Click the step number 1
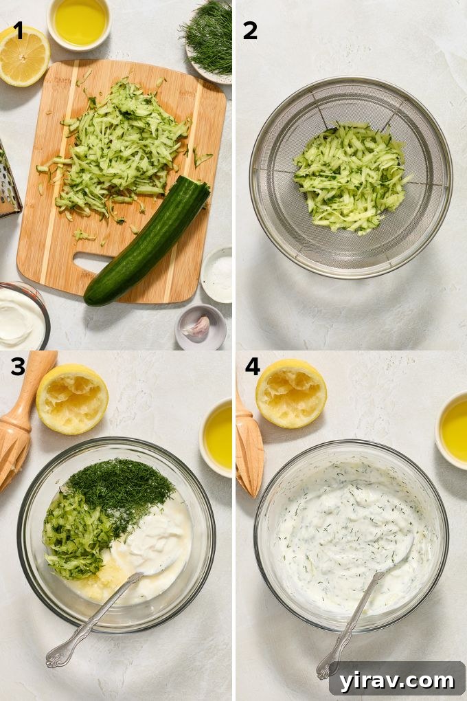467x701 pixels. coord(18,30)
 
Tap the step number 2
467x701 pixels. coord(250,30)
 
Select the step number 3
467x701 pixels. coord(18,367)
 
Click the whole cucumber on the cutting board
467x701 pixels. coord(147,241)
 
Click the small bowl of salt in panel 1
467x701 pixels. coord(218,274)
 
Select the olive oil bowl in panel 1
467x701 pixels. coord(80,22)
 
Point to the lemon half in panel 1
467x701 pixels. coord(23,56)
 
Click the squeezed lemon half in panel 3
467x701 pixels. coord(71,399)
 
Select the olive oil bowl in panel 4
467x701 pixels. coord(453,430)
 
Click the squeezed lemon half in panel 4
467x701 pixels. coord(291,393)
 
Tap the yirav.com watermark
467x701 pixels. coord(396,680)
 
